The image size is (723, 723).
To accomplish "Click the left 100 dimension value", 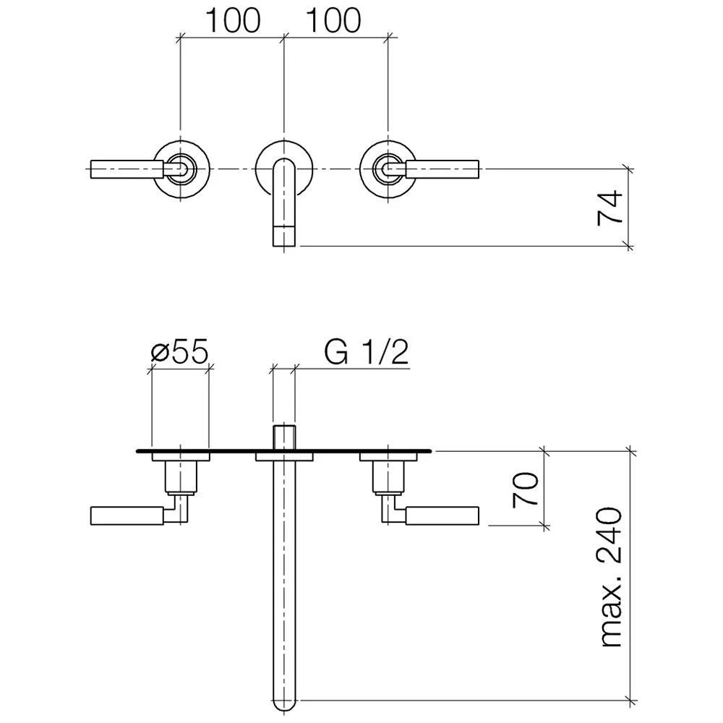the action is click(x=233, y=21).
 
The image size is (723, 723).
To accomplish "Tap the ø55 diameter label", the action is click(x=180, y=352).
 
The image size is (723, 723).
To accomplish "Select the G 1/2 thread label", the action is click(x=366, y=352).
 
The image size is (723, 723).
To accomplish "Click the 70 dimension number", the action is click(x=526, y=489).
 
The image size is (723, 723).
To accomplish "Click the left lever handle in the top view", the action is click(x=127, y=168).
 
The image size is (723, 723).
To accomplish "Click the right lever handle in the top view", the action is click(x=442, y=168).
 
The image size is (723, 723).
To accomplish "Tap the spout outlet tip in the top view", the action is click(x=284, y=236).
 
